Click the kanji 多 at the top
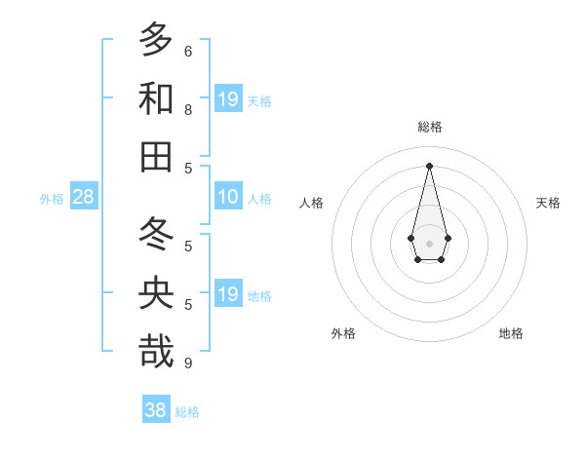(156, 41)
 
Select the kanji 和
(156, 99)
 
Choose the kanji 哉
(156, 352)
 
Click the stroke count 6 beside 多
(188, 51)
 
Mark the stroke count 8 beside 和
(188, 109)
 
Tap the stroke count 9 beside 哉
(188, 363)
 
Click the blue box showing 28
(84, 197)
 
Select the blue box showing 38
(156, 410)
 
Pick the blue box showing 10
(228, 197)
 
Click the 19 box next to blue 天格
(228, 99)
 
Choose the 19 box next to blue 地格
(228, 294)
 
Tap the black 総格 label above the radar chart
(430, 127)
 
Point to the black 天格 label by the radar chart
(548, 203)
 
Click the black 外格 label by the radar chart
(343, 333)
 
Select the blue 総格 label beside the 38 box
(187, 412)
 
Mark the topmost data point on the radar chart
(430, 165)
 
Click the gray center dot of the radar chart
(430, 243)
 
